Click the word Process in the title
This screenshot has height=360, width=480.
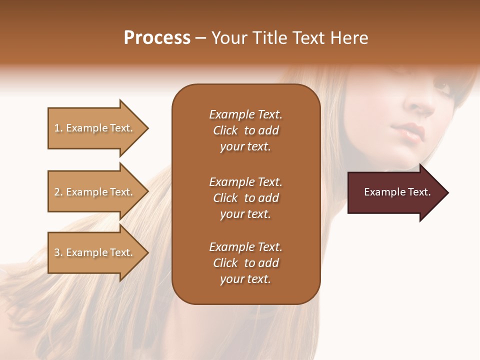(157, 38)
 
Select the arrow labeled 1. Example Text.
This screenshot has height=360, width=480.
(95, 128)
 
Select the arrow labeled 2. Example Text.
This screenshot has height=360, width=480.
(95, 192)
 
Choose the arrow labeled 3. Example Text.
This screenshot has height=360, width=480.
(95, 252)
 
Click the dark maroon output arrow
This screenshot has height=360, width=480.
(395, 192)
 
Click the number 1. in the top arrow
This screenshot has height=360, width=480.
(58, 128)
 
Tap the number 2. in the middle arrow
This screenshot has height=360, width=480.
(58, 192)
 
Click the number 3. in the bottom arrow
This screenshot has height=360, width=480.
(58, 252)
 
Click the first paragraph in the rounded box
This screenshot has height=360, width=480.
(245, 130)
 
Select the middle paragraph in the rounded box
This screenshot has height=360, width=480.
(245, 197)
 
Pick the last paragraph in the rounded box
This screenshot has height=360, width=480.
(245, 263)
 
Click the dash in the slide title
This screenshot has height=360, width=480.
(201, 38)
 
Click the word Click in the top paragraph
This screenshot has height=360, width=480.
(225, 130)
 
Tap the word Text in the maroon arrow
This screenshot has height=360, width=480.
(419, 192)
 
